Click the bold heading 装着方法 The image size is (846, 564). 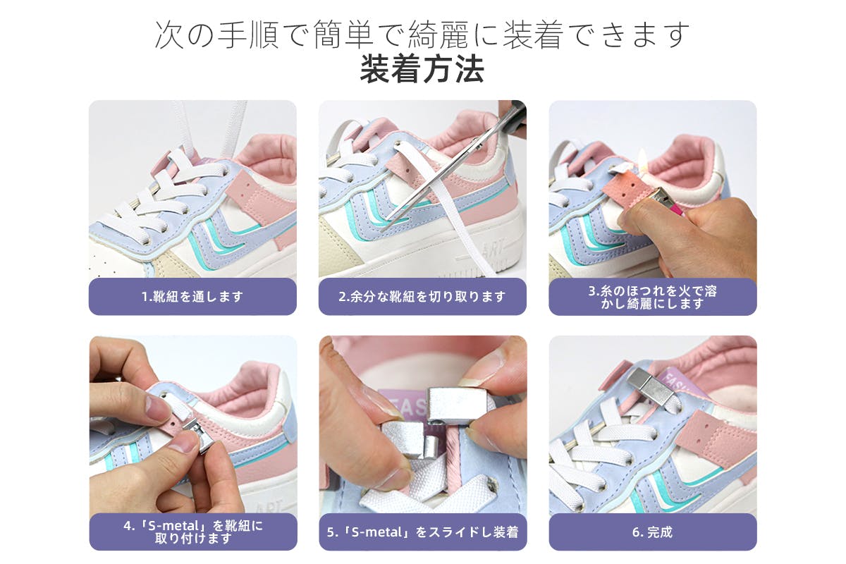[422, 69]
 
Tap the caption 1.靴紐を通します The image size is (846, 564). [192, 297]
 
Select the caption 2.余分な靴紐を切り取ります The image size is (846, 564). [422, 297]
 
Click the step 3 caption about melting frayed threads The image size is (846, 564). [652, 297]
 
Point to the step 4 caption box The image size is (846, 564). [193, 532]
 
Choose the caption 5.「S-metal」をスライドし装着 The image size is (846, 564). [422, 532]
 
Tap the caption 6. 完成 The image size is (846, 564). [652, 532]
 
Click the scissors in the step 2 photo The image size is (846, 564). [453, 166]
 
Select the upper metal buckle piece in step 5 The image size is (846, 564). [455, 404]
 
